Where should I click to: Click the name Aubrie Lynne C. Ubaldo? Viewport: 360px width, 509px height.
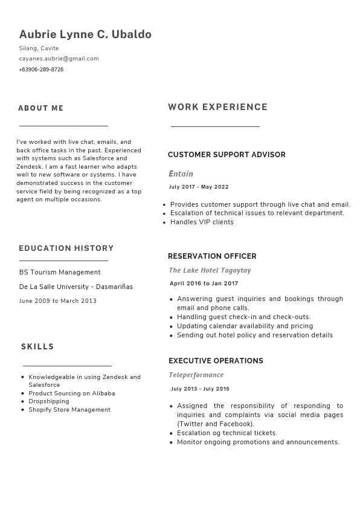[85, 34]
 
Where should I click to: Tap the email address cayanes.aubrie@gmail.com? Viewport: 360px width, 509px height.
[59, 59]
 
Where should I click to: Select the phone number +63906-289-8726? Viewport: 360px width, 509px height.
[41, 70]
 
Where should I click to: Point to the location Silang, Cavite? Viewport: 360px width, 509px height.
[39, 48]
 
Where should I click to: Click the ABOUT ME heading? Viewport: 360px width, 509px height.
[40, 108]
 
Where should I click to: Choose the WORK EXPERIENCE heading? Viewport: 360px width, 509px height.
[217, 107]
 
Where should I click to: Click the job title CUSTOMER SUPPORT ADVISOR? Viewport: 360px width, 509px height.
[227, 155]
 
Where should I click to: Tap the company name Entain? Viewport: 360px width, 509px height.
[181, 174]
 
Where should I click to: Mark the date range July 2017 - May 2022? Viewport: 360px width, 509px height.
[199, 187]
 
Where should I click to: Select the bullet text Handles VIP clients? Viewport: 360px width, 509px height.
[202, 222]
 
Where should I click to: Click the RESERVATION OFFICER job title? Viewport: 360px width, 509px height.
[212, 256]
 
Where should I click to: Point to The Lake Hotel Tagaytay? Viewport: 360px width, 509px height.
[210, 270]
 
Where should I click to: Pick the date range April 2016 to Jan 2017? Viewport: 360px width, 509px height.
[204, 284]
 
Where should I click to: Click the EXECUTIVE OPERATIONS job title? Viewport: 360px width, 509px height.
[216, 361]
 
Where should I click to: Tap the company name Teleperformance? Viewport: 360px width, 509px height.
[196, 375]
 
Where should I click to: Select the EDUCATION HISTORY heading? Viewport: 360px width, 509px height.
[66, 248]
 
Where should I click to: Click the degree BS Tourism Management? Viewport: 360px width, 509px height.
[60, 272]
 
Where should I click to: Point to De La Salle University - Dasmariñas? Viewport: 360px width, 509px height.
[76, 287]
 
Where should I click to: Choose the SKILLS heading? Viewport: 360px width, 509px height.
[37, 347]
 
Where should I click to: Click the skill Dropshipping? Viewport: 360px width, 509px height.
[49, 401]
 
